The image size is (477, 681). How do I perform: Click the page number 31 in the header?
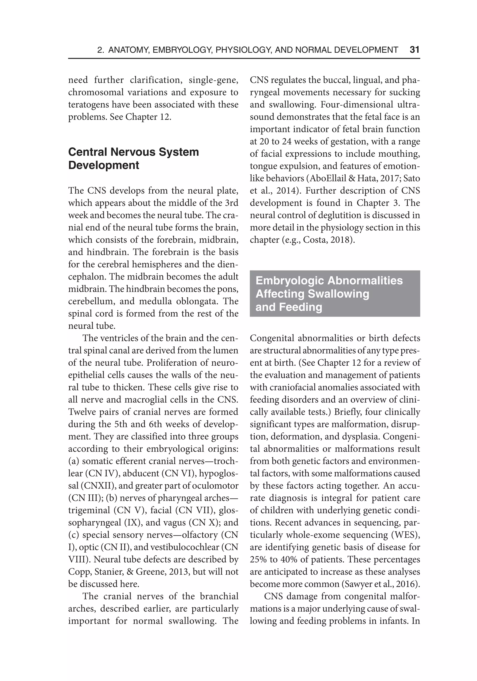(x=414, y=50)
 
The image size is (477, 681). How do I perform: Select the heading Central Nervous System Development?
(x=133, y=158)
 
